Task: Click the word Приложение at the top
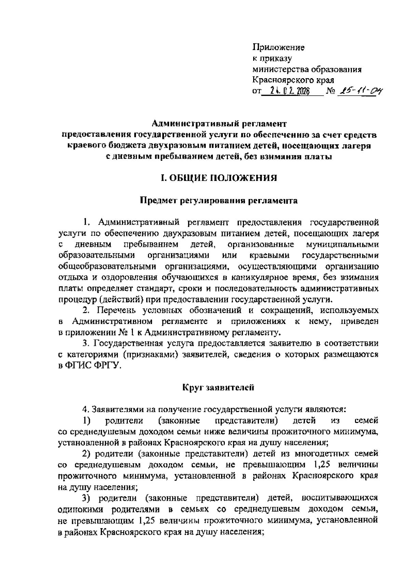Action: (278, 47)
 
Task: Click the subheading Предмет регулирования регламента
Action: (219, 201)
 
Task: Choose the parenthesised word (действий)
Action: (118, 300)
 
